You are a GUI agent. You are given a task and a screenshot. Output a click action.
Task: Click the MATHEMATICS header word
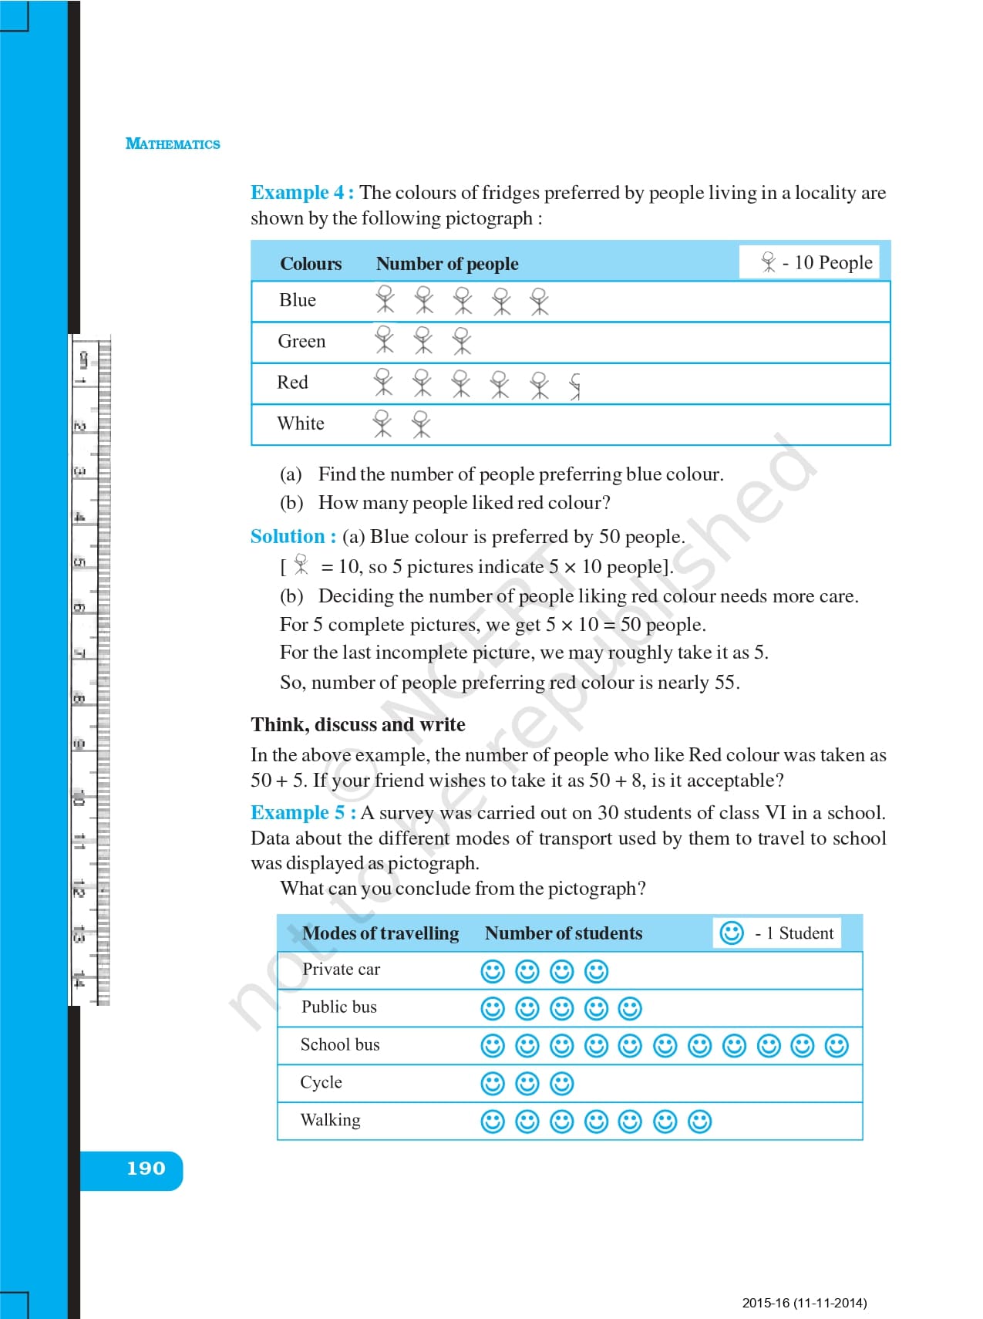pos(173,144)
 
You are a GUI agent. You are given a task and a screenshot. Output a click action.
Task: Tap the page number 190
pos(146,1169)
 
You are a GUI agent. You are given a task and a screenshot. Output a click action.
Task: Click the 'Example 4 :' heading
pos(302,192)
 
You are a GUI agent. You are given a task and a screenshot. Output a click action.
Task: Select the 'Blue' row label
pos(298,300)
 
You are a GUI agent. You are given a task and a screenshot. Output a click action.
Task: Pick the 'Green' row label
pos(301,341)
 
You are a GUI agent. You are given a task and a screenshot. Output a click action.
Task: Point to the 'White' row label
pos(301,423)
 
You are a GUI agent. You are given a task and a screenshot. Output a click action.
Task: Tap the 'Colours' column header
pos(311,264)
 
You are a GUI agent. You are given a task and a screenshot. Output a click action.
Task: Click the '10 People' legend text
pos(833,262)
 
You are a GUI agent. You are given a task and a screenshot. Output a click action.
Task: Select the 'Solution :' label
pos(293,536)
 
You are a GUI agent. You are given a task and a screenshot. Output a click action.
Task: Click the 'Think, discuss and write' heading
pos(358,724)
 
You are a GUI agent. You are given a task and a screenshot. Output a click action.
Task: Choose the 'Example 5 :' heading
pos(303,812)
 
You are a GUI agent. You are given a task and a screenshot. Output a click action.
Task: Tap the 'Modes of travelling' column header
pos(380,933)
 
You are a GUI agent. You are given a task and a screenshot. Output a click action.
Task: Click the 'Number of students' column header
pos(564,933)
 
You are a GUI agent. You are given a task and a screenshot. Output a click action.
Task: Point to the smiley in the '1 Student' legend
pos(731,933)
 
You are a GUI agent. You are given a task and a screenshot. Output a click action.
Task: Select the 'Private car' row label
pos(341,970)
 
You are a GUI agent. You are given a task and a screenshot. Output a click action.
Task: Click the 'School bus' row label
pos(340,1044)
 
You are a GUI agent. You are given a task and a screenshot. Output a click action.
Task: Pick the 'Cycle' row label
pos(321,1082)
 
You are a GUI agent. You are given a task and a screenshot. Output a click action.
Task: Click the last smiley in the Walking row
pos(699,1121)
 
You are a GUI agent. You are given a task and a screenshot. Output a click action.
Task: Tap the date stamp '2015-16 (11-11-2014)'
pos(804,1303)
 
